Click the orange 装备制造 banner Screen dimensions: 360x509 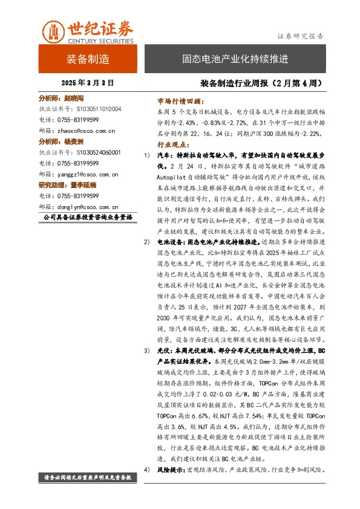[88, 59]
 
